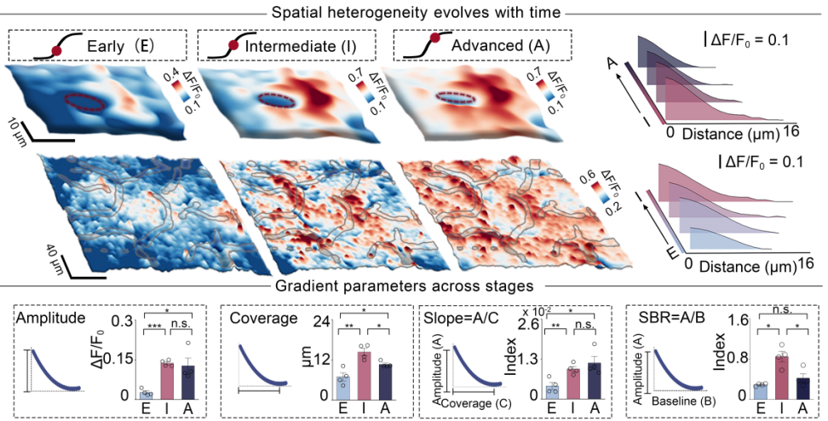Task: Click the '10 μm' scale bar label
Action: tap(13, 125)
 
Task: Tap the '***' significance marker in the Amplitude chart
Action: tap(157, 326)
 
